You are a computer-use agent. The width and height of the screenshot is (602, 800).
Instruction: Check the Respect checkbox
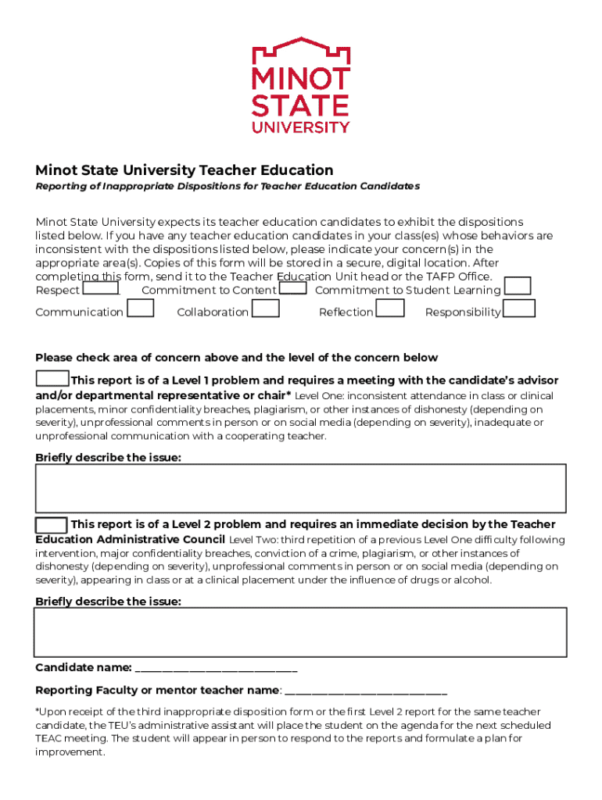pos(101,288)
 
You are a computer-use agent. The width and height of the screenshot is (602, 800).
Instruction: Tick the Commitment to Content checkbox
pos(293,288)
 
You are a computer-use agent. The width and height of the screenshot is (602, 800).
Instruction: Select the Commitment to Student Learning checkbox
pos(518,287)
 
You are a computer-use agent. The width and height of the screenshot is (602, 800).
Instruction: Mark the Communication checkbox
pos(140,309)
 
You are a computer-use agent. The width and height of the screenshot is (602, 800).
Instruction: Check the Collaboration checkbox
pos(266,309)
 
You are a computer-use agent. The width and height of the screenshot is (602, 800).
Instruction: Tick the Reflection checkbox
pos(390,309)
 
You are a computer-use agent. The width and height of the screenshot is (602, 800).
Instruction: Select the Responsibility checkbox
pos(519,309)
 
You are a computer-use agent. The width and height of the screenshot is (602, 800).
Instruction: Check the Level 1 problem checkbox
pos(52,379)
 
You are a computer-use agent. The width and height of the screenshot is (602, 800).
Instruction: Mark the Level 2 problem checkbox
pos(52,523)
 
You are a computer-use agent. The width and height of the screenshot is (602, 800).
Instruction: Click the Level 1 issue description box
pos(300,488)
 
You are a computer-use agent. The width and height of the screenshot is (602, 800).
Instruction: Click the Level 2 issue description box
pos(300,632)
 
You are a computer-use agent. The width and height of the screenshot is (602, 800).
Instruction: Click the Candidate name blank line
pos(216,669)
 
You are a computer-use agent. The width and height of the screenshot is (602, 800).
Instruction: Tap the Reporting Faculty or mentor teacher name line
pos(366,691)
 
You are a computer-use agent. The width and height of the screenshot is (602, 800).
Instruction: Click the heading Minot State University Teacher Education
pos(185,170)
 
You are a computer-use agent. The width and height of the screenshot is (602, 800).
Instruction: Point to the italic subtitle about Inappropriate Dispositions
pos(228,187)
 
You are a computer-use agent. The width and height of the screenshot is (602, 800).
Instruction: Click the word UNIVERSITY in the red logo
pos(301,127)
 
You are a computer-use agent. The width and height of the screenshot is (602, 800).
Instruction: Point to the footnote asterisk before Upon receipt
pos(38,711)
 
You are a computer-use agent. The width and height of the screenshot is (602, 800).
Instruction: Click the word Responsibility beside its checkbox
pos(463,312)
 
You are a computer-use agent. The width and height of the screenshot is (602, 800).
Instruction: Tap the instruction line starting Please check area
pos(236,358)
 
